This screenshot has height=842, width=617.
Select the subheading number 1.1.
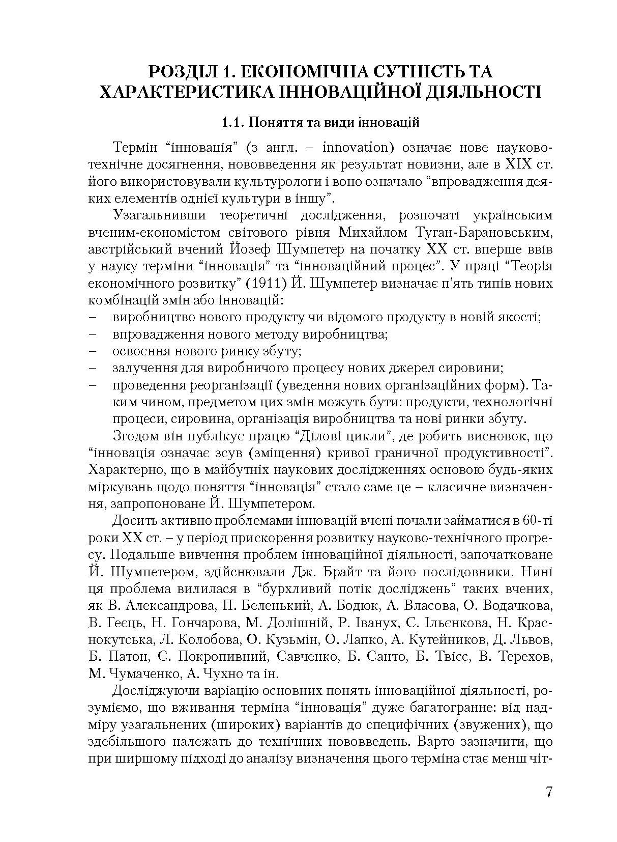point(232,123)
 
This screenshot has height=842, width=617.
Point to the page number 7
point(548,793)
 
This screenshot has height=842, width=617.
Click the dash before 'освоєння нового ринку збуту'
point(93,351)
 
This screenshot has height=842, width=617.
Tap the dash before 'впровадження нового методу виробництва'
point(93,334)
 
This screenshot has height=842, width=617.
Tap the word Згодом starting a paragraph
point(133,436)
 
